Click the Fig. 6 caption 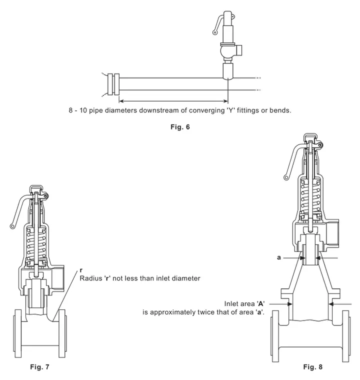click(x=180, y=127)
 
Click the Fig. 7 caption click(x=39, y=367)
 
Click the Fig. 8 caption click(x=312, y=367)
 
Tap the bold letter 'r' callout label click(x=81, y=270)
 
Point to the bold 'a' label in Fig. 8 click(x=279, y=257)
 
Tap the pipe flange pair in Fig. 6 click(x=113, y=84)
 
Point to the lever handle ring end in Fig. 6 click(x=214, y=32)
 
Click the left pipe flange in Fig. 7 click(x=17, y=333)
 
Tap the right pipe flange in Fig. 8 click(x=345, y=336)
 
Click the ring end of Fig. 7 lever click(x=12, y=226)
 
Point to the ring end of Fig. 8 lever click(x=286, y=177)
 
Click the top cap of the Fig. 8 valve click(x=310, y=137)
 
